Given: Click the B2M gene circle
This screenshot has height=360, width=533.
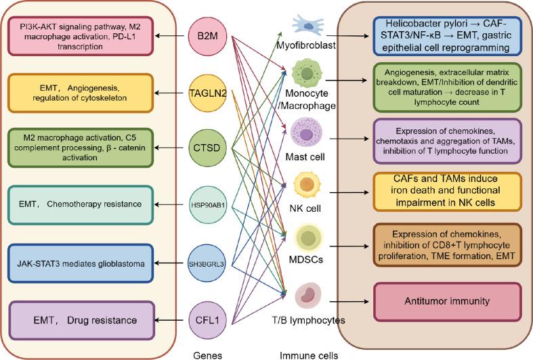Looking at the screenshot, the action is point(207,36).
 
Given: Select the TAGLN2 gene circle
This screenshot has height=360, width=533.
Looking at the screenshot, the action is point(207,93).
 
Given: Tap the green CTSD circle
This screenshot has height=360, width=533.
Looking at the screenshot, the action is point(207,148).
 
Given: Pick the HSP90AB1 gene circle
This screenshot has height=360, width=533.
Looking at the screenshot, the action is point(207,205).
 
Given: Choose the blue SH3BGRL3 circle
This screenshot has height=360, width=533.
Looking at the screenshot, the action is point(207,263).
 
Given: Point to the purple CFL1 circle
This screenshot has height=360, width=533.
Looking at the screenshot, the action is point(207,320).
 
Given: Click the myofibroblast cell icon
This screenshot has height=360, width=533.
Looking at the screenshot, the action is point(307,25).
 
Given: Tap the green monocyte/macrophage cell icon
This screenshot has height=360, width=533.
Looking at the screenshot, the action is point(307,73).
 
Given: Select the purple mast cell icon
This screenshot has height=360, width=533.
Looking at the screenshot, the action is point(306,133).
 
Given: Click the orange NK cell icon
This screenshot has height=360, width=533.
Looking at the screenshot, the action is point(307,186).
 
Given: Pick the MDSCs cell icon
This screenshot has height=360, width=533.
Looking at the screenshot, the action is point(308,238).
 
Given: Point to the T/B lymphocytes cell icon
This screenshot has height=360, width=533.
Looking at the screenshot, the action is point(307,296).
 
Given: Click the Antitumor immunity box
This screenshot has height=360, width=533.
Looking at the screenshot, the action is point(448,302).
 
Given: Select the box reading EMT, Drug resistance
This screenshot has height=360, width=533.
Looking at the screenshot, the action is point(81,320).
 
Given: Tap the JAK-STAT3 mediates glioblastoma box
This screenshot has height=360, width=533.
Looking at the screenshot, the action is point(81,263).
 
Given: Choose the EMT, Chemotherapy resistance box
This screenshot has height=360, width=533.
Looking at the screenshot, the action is point(81,205).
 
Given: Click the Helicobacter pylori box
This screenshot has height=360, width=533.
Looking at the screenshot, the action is point(448,36).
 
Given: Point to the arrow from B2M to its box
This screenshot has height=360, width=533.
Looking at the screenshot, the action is point(171,36).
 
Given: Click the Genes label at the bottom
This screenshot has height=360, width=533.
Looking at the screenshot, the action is point(207,355).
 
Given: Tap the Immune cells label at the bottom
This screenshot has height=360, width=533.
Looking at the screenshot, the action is point(309,355).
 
